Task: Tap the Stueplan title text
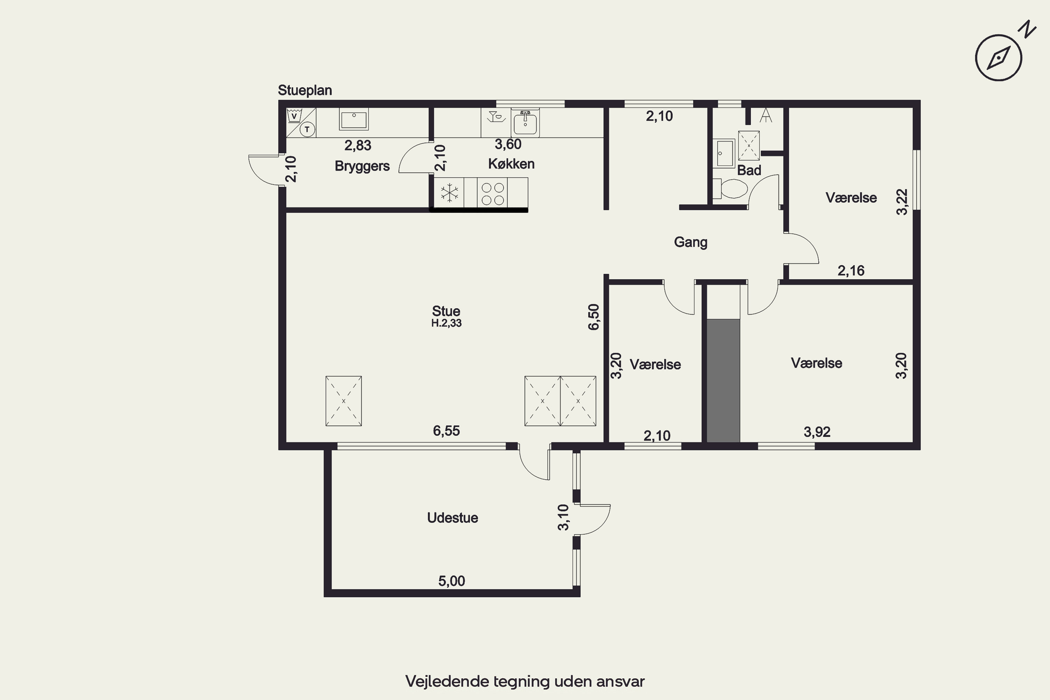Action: tap(305, 90)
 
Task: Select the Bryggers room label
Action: tap(362, 166)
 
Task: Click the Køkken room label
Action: tap(511, 164)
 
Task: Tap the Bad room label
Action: tap(749, 170)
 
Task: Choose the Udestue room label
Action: tap(452, 518)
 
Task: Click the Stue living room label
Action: tap(446, 311)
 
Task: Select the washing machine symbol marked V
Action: tap(294, 115)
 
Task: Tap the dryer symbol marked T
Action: tap(307, 129)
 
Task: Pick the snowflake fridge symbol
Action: tap(449, 193)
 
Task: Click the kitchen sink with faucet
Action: tap(525, 122)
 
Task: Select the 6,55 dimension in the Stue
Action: tap(447, 431)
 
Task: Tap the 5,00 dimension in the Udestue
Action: tap(451, 581)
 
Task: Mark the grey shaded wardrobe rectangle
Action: tap(723, 380)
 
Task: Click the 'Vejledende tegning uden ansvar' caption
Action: tap(525, 681)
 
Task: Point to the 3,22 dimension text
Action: tap(902, 202)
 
